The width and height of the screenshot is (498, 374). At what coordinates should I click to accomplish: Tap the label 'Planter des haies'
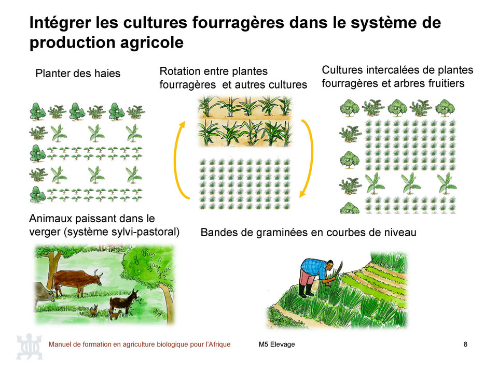click(x=78, y=74)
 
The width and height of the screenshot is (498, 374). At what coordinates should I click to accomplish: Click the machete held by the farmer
click(x=339, y=267)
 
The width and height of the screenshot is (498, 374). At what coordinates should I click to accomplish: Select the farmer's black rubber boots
click(x=306, y=291)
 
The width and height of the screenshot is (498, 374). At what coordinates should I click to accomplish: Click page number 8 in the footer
click(x=465, y=344)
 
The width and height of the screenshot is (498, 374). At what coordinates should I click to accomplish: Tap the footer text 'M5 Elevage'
click(x=276, y=344)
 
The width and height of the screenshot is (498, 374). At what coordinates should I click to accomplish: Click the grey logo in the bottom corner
click(x=29, y=347)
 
